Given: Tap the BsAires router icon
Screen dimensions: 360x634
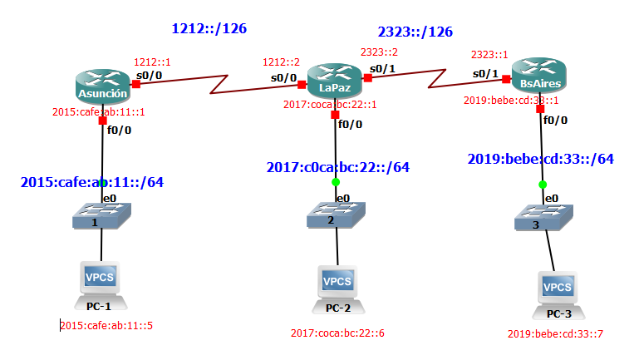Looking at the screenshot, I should tap(538, 76).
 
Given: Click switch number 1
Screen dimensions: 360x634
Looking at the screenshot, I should tap(101, 219).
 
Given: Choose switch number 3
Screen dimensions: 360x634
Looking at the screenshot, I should tap(541, 221).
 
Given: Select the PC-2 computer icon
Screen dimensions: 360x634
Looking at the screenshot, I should tap(337, 284).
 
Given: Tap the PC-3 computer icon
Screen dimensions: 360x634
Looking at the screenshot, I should tap(558, 291).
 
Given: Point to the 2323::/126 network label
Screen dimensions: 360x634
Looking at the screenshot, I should tap(415, 32).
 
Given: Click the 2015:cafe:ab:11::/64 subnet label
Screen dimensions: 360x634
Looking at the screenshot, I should tap(91, 181).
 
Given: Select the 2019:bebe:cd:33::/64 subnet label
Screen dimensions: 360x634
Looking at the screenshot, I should tap(540, 159).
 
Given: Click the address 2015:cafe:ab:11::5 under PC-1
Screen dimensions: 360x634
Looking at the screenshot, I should tap(107, 325).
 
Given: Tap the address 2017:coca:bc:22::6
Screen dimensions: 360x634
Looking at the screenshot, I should tap(337, 333).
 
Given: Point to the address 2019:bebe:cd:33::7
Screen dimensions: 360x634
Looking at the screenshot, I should tap(554, 334).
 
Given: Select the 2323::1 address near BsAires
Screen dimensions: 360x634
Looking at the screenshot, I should tap(489, 54).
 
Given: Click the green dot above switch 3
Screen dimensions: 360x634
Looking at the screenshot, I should tap(542, 185).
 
